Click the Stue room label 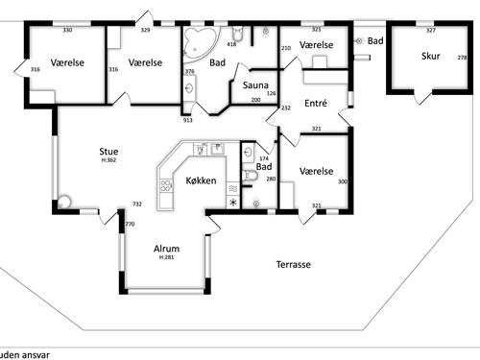pyautogui.click(x=108, y=151)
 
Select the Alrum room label pyautogui.click(x=167, y=248)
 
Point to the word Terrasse pyautogui.click(x=293, y=264)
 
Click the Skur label pyautogui.click(x=430, y=56)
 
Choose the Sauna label pyautogui.click(x=255, y=85)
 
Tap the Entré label pyautogui.click(x=316, y=103)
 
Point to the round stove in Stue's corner pyautogui.click(x=64, y=203)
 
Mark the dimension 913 pyautogui.click(x=187, y=120)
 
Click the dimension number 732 pyautogui.click(x=137, y=204)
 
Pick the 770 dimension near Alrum pyautogui.click(x=129, y=224)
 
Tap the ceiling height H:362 pyautogui.click(x=108, y=160)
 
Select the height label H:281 pyautogui.click(x=167, y=257)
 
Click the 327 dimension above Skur pyautogui.click(x=430, y=31)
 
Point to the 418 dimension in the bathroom pyautogui.click(x=231, y=44)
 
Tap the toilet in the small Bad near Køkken pyautogui.click(x=251, y=176)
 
